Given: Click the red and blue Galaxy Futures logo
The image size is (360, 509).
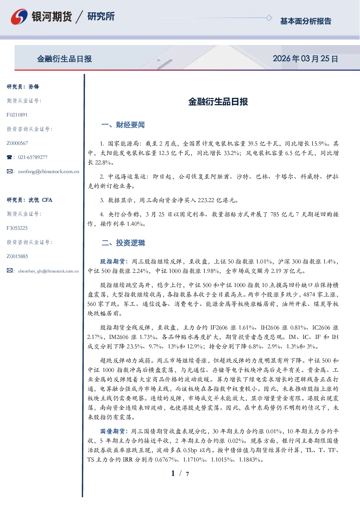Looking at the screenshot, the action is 19,17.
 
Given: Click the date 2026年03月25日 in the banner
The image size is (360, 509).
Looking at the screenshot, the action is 305,59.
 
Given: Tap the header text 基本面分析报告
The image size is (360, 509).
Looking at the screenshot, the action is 306,21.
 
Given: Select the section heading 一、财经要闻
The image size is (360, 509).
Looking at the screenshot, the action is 123,125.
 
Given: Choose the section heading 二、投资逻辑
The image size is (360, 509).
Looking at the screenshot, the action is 123,243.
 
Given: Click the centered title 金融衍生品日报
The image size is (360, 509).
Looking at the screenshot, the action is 218,102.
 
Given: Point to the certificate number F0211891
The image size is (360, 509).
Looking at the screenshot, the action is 17,115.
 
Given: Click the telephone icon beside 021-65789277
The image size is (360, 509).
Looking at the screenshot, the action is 9,157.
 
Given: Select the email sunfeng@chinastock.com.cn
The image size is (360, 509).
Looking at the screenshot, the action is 49,172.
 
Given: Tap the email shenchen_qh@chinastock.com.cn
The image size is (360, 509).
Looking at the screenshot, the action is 48,271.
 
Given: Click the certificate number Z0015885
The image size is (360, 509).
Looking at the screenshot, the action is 17,256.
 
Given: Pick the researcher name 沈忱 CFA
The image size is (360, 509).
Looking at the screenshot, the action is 40,200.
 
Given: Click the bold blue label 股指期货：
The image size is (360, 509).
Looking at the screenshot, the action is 114,262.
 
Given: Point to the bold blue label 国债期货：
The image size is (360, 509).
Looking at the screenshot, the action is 114,431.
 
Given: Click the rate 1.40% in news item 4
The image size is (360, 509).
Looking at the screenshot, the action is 135,224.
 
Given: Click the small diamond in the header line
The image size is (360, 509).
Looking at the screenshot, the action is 269,18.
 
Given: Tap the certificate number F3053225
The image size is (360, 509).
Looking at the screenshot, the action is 17,228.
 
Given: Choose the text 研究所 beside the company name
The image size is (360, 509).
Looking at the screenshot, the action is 101,16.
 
